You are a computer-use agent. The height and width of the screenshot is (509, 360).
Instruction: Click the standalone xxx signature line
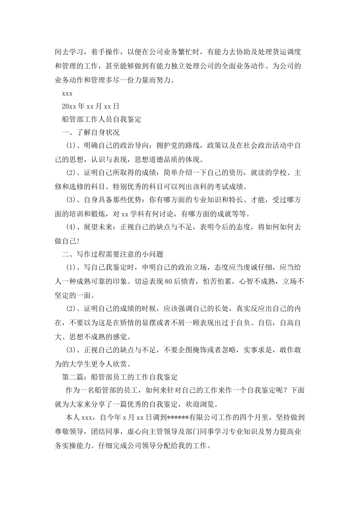pyautogui.click(x=67, y=94)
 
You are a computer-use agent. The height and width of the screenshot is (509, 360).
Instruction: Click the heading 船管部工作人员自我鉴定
pyautogui.click(x=102, y=120)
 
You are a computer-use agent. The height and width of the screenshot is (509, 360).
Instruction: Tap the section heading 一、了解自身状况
pyautogui.click(x=91, y=133)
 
